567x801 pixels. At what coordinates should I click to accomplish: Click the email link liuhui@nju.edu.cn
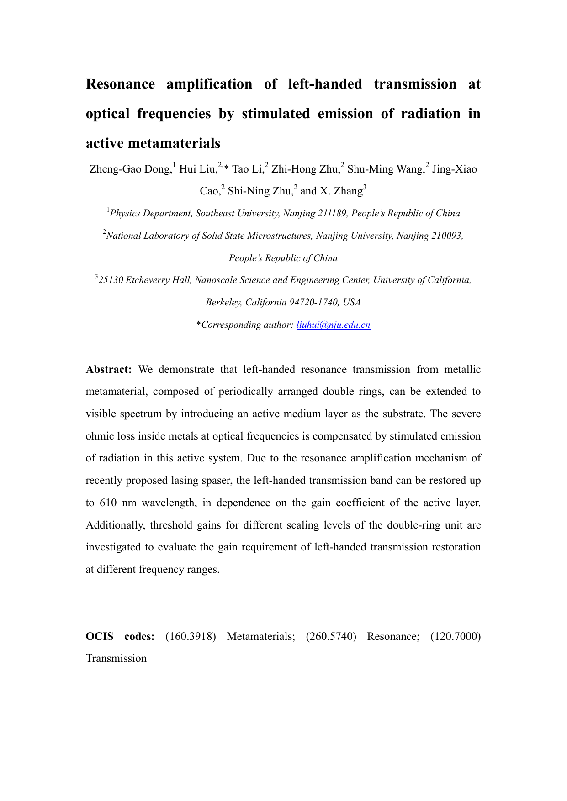pyautogui.click(x=333, y=325)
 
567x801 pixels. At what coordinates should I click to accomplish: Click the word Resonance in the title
pyautogui.click(x=121, y=84)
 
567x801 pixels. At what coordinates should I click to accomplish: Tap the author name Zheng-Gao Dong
pyautogui.click(x=130, y=169)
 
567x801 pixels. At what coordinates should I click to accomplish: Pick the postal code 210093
pyautogui.click(x=446, y=236)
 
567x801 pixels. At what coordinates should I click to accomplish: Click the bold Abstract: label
pyautogui.click(x=109, y=370)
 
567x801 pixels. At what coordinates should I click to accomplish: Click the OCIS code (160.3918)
pyautogui.click(x=190, y=636)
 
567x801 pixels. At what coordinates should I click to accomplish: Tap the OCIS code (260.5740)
pyautogui.click(x=331, y=636)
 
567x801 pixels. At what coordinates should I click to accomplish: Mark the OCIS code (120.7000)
pyautogui.click(x=456, y=636)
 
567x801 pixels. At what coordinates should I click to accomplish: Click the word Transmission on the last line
pyautogui.click(x=116, y=659)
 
